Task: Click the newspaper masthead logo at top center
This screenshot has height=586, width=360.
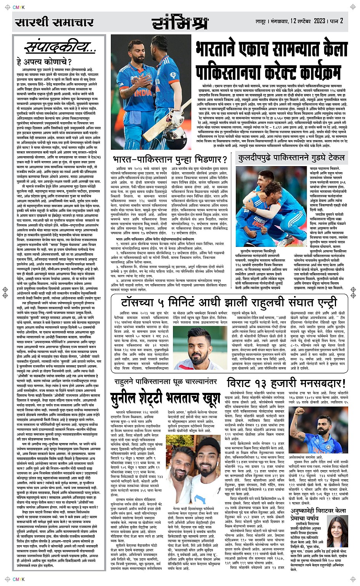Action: (x=180, y=23)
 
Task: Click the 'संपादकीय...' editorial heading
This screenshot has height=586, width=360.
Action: (x=60, y=47)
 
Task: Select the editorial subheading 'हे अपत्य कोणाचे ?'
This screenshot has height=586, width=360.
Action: (x=44, y=62)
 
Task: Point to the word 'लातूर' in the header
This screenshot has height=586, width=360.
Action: (x=260, y=21)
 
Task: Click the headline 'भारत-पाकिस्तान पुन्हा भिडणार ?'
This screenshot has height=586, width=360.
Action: (x=170, y=159)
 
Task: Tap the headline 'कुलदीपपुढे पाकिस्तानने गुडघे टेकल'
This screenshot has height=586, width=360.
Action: (x=291, y=158)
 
